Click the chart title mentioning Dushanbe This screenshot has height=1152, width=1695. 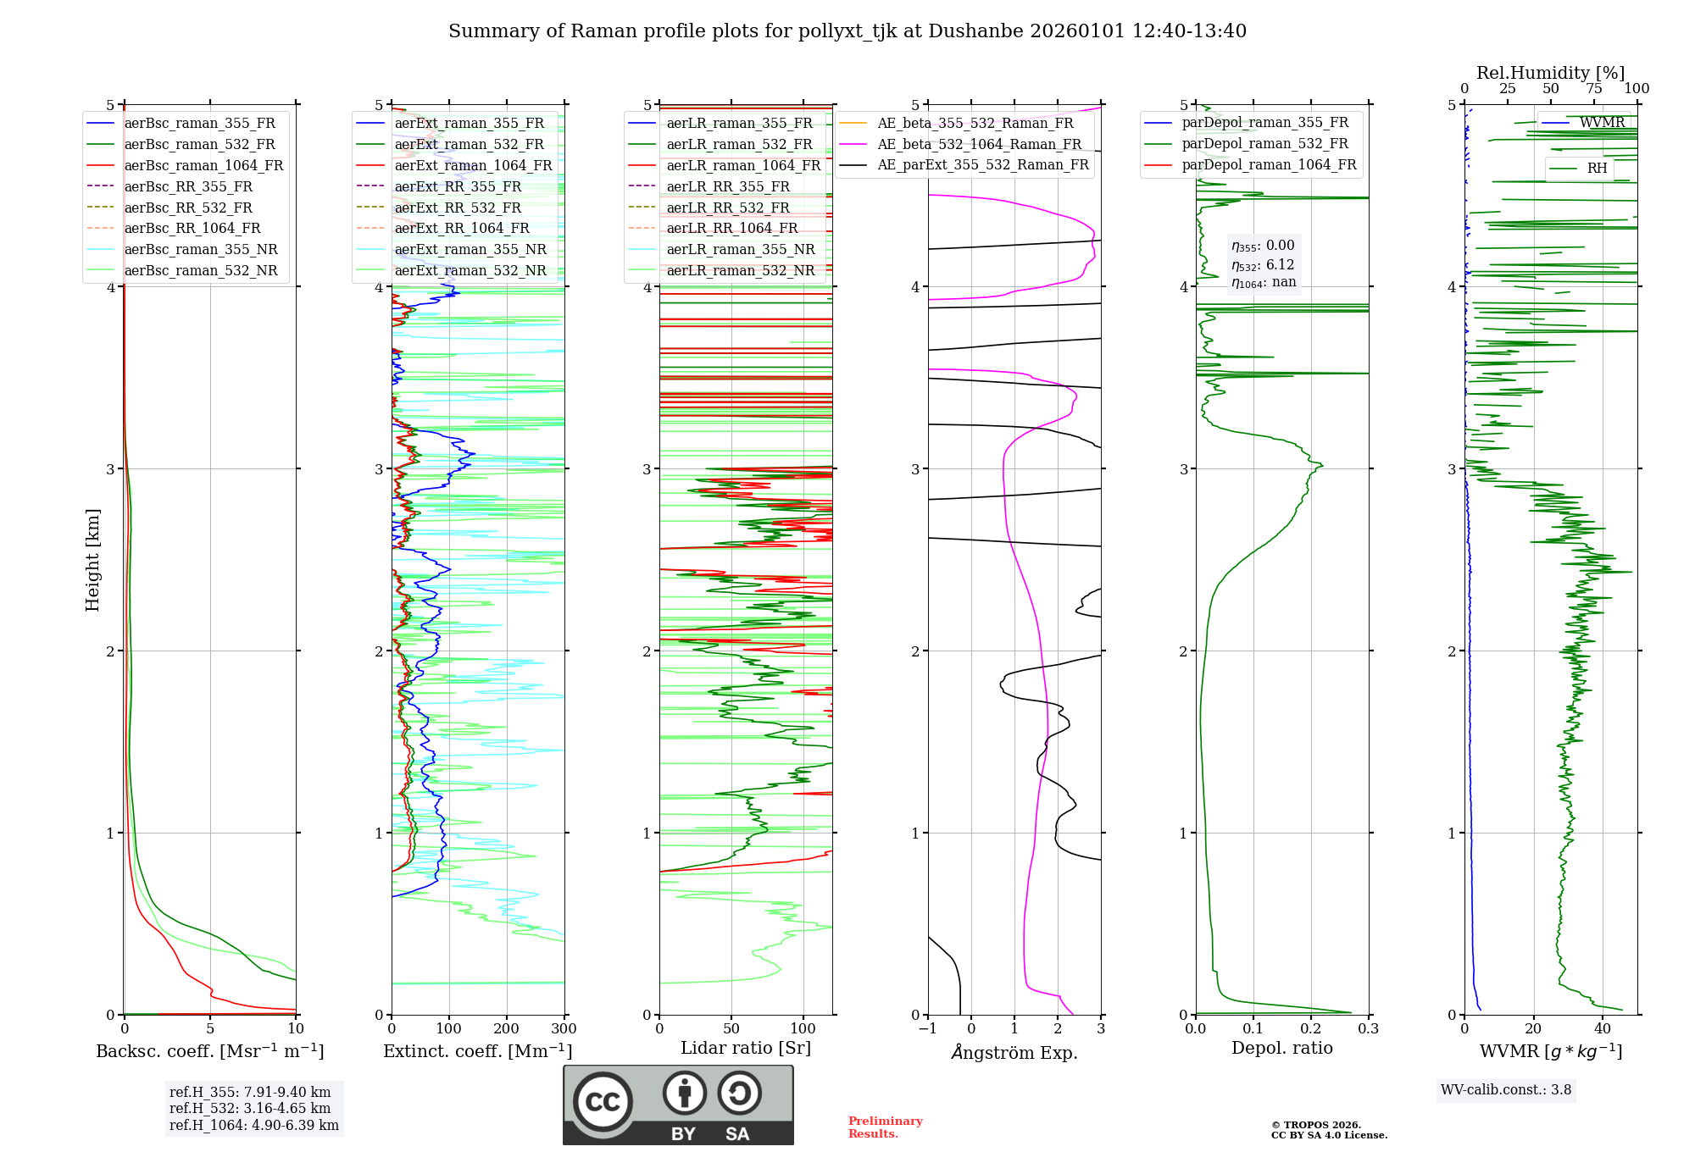pyautogui.click(x=847, y=31)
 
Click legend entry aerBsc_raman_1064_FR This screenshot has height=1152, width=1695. pyautogui.click(x=203, y=165)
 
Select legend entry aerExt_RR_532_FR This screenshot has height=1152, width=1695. pyautogui.click(x=457, y=208)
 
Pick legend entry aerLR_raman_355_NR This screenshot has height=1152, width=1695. pyautogui.click(x=740, y=249)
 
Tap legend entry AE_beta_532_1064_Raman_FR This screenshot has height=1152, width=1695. pyautogui.click(x=979, y=144)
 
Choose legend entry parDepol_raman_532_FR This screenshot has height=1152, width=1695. pyautogui.click(x=1264, y=144)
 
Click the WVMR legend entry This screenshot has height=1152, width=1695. pyautogui.click(x=1602, y=123)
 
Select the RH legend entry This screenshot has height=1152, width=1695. pyautogui.click(x=1597, y=169)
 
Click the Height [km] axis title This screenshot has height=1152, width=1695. pyautogui.click(x=92, y=560)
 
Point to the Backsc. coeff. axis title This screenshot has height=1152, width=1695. pyautogui.click(x=209, y=1051)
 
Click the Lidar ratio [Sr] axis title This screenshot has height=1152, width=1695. pyautogui.click(x=746, y=1048)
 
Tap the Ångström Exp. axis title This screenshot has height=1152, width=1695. pyautogui.click(x=1014, y=1052)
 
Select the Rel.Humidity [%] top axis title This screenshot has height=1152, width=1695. pyautogui.click(x=1550, y=73)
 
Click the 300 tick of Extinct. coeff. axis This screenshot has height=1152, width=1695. pyautogui.click(x=564, y=1029)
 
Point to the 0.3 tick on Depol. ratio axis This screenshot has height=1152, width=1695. pyautogui.click(x=1368, y=1029)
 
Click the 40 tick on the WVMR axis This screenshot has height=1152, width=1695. pyautogui.click(x=1603, y=1029)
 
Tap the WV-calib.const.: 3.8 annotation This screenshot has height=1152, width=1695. pyautogui.click(x=1506, y=1089)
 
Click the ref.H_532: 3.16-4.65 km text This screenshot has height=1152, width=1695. pyautogui.click(x=250, y=1108)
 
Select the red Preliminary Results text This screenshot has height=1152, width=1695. pyautogui.click(x=885, y=1127)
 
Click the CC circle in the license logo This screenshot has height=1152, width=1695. pyautogui.click(x=603, y=1101)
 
